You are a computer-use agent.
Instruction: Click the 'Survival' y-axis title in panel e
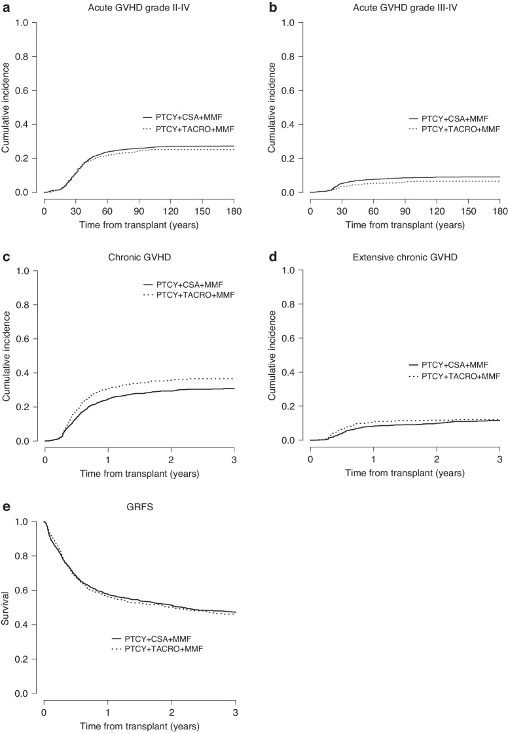(6, 608)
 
